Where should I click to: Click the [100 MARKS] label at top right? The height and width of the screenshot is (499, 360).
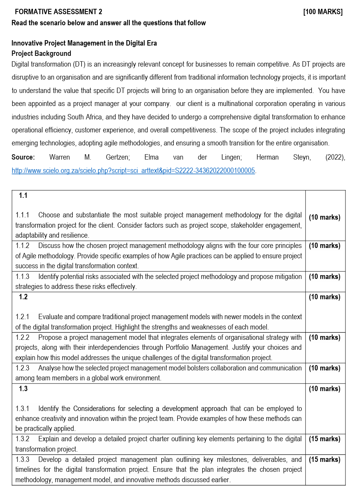click(322, 12)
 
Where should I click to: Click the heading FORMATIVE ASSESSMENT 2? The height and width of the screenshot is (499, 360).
click(58, 12)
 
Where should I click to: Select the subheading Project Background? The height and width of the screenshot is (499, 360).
click(41, 54)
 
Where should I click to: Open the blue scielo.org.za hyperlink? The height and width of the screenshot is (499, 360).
click(133, 171)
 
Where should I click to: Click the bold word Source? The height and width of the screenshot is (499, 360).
click(23, 157)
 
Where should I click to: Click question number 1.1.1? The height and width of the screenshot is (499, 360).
click(22, 215)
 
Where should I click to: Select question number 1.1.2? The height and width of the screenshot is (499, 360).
click(22, 246)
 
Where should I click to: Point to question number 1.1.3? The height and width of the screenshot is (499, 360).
click(22, 276)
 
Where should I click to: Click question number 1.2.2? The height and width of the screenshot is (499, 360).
click(22, 338)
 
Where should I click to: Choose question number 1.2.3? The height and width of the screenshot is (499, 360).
click(22, 368)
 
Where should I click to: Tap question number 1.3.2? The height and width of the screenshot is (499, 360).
click(22, 439)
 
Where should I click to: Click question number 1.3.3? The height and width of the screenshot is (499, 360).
click(22, 460)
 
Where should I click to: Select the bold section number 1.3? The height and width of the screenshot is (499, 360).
click(23, 389)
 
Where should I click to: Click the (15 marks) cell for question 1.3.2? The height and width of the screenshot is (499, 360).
click(324, 439)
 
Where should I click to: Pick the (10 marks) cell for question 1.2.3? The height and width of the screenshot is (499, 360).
click(324, 368)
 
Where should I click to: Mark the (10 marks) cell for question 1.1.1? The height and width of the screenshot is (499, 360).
click(324, 217)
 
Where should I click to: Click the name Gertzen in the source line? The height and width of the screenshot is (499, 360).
click(118, 157)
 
